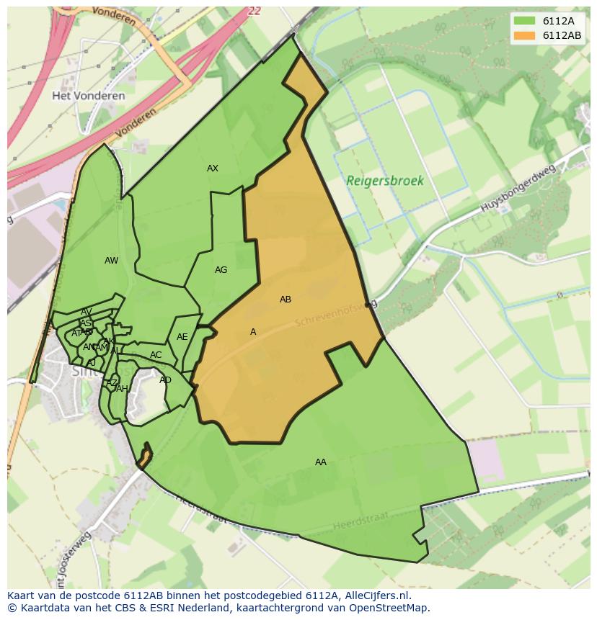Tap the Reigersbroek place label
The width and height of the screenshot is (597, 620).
tap(385, 181)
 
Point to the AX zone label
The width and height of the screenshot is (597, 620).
tap(213, 169)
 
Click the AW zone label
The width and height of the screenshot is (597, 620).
tap(111, 261)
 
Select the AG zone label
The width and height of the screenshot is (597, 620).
tap(221, 270)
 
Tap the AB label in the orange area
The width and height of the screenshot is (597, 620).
tap(286, 300)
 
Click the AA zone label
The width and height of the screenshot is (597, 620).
tap(321, 462)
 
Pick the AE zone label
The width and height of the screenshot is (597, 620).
tap(182, 337)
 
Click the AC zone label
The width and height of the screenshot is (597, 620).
tap(156, 355)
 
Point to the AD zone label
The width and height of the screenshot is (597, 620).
tap(165, 380)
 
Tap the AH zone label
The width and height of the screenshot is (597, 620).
tap(122, 389)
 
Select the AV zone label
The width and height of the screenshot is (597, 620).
tap(87, 313)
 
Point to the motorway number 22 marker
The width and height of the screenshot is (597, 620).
tap(253, 11)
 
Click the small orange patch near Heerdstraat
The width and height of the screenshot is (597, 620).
tap(144, 457)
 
